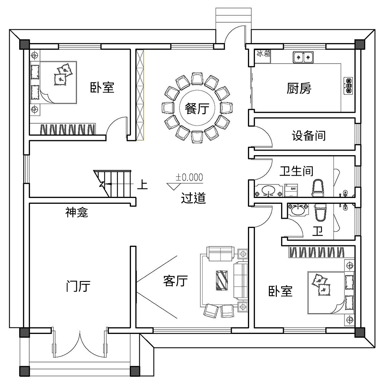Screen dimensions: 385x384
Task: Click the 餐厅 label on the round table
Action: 197,109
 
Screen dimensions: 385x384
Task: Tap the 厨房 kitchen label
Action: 299,88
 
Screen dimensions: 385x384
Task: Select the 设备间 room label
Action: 309,136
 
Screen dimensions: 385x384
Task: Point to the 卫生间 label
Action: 296,171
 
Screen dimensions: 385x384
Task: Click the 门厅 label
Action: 78,286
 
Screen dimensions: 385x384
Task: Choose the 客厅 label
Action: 175,281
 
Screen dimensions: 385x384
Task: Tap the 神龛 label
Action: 77,212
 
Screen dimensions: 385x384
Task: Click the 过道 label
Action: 193,198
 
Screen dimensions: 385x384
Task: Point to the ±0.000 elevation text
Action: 189,177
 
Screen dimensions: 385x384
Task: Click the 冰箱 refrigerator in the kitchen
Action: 263,57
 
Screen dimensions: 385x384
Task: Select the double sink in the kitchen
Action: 303,57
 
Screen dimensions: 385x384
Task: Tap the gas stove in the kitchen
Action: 348,86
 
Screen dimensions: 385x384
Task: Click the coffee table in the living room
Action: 222,280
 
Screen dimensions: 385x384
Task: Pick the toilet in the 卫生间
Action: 318,188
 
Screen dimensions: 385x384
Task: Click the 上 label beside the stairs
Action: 142,185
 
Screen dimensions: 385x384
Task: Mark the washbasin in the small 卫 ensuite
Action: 298,210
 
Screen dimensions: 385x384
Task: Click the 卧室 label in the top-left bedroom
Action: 102,87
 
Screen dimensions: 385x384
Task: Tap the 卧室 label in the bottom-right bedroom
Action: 280,292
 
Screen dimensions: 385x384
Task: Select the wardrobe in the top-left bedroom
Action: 68,129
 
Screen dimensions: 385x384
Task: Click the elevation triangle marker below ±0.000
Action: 174,186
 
